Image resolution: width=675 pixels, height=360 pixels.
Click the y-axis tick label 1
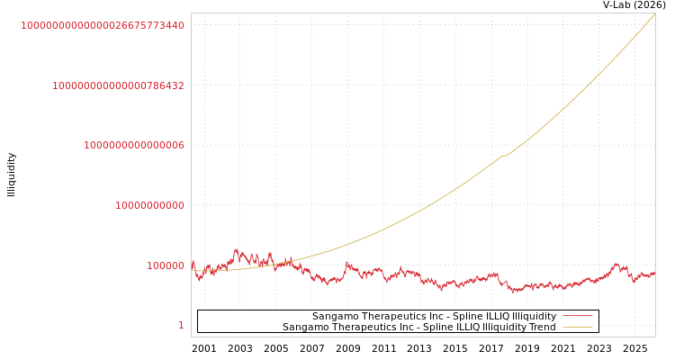(181, 326)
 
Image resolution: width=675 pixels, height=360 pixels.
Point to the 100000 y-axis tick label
(166, 265)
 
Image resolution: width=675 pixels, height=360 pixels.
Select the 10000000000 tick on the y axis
(149, 205)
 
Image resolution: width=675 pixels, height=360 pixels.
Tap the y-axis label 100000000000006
(134, 145)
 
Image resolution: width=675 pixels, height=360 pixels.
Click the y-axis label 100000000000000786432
(118, 85)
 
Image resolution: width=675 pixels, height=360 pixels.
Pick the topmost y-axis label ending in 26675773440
(103, 25)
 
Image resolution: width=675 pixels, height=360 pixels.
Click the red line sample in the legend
(577, 317)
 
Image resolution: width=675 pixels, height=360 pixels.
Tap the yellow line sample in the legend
(577, 328)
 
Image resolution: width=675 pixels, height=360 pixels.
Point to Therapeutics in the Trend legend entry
(362, 328)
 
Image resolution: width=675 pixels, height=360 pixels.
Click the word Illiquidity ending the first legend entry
(534, 317)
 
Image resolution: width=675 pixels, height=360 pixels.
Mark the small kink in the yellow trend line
(504, 156)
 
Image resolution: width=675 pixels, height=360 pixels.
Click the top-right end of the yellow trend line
(653, 14)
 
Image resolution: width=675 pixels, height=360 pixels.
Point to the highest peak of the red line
(236, 249)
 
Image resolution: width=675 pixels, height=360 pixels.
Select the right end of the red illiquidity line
(654, 273)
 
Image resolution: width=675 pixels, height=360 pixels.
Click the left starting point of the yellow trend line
(193, 270)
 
